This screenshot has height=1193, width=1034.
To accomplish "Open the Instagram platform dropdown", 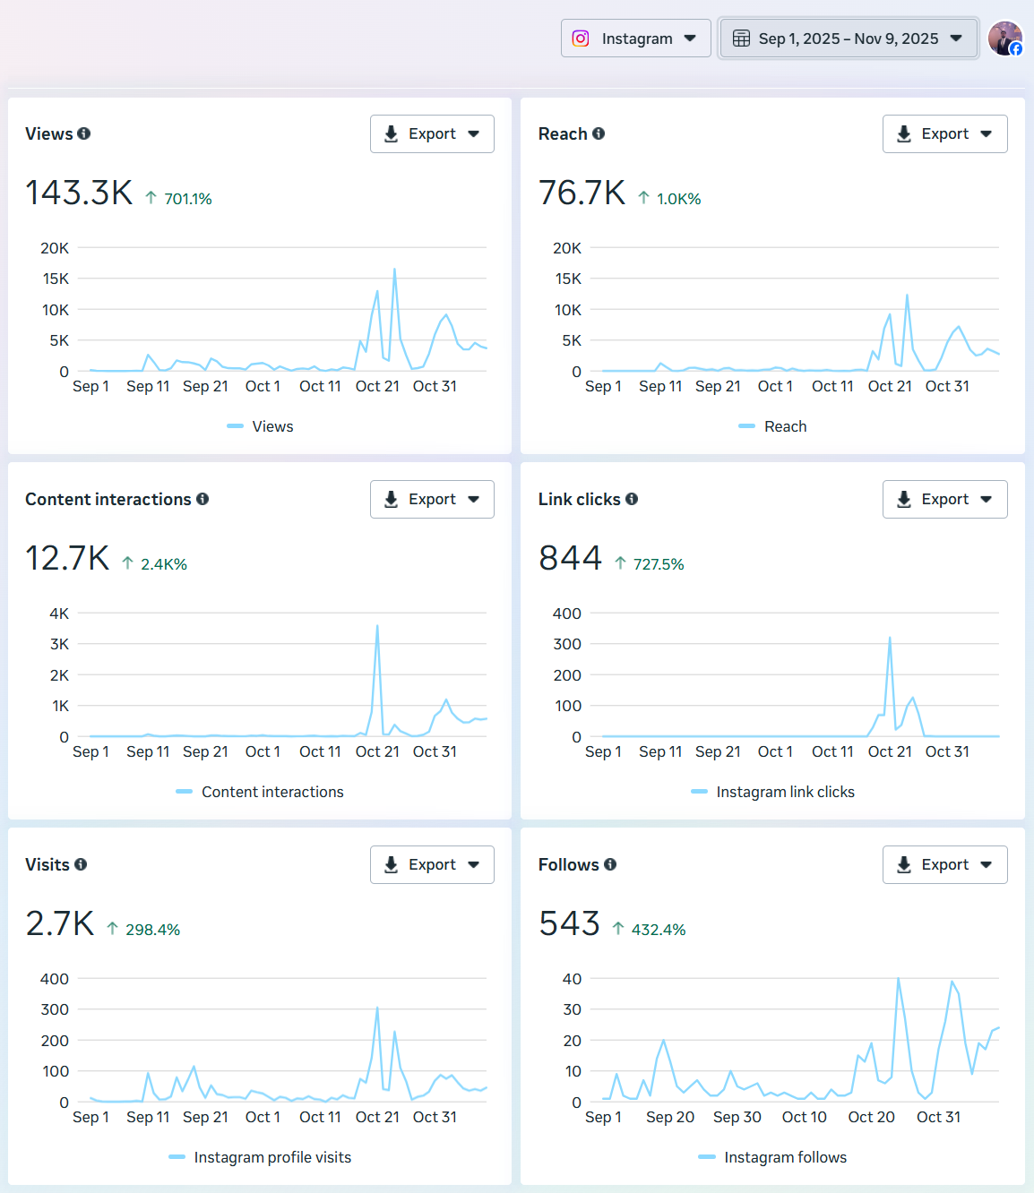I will click(635, 39).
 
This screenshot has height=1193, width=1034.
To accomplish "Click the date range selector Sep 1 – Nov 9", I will click(848, 39).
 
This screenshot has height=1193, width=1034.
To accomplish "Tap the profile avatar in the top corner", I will click(1004, 39).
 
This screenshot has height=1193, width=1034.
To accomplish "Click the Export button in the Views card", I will click(432, 134).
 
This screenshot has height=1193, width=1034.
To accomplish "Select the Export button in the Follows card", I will click(944, 865).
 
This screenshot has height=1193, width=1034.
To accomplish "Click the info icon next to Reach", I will click(599, 133).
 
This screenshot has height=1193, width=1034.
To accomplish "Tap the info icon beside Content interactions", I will click(202, 499).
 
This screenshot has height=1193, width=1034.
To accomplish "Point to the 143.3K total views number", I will click(79, 193).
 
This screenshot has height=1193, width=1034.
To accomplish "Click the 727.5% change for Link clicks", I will click(658, 564).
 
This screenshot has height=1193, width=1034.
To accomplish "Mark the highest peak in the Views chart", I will click(394, 270).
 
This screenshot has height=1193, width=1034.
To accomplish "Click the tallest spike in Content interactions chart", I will click(377, 626).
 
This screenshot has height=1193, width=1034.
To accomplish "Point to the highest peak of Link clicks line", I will click(890, 638).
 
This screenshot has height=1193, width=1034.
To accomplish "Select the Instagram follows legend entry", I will click(784, 1157).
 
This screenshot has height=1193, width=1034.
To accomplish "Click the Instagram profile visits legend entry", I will click(271, 1157).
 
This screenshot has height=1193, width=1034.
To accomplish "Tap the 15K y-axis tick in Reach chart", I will click(567, 279).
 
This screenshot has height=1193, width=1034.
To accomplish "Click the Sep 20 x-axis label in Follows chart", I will click(669, 1117).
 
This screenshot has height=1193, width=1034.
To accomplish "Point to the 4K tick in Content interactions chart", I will click(59, 614).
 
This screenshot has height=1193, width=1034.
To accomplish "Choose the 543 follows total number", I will click(569, 923).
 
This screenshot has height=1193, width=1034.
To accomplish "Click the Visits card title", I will click(47, 864).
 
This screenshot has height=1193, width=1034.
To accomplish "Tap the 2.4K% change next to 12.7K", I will click(163, 564).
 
